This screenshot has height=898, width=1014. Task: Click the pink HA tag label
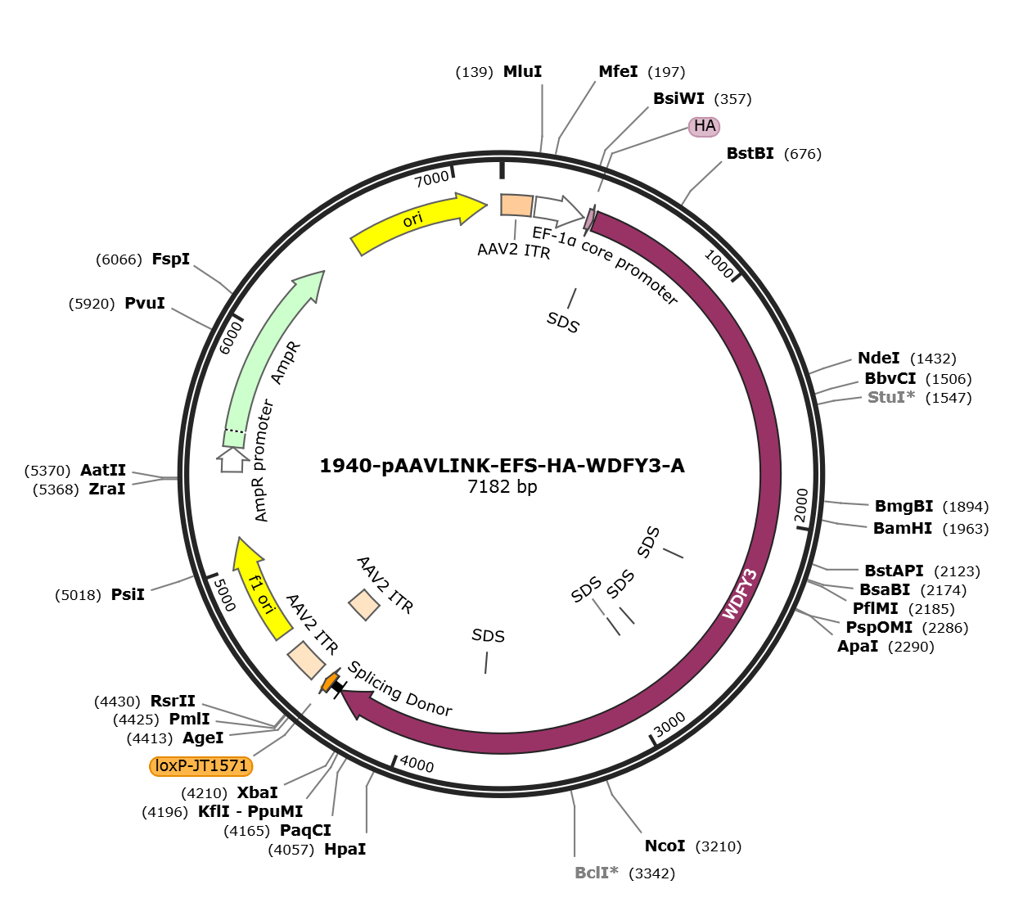coord(704,126)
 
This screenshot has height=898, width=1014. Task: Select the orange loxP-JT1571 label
coord(201,766)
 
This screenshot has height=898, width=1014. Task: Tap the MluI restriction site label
coord(522,71)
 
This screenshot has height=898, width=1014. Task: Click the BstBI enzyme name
coord(750,154)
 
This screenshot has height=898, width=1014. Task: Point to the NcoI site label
coord(665,846)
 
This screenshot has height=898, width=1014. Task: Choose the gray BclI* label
coord(596,873)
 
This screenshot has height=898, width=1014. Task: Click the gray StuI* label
coord(891,398)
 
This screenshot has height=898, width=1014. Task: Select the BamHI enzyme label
coord(903,529)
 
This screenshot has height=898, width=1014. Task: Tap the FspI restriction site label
coord(171,259)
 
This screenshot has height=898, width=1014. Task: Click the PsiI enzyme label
coord(128,594)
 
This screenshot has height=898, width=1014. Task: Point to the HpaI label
coord(345,850)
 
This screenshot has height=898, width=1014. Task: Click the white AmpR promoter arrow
coord(232,459)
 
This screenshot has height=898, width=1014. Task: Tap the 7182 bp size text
coord(502,486)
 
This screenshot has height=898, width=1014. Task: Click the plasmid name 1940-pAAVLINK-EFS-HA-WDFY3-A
coord(502,466)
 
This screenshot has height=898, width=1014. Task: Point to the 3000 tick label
coord(669,724)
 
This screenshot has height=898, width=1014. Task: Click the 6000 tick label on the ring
coord(231,338)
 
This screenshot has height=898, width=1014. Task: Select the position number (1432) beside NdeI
coord(933,359)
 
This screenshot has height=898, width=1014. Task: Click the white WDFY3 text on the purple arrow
coord(740,594)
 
